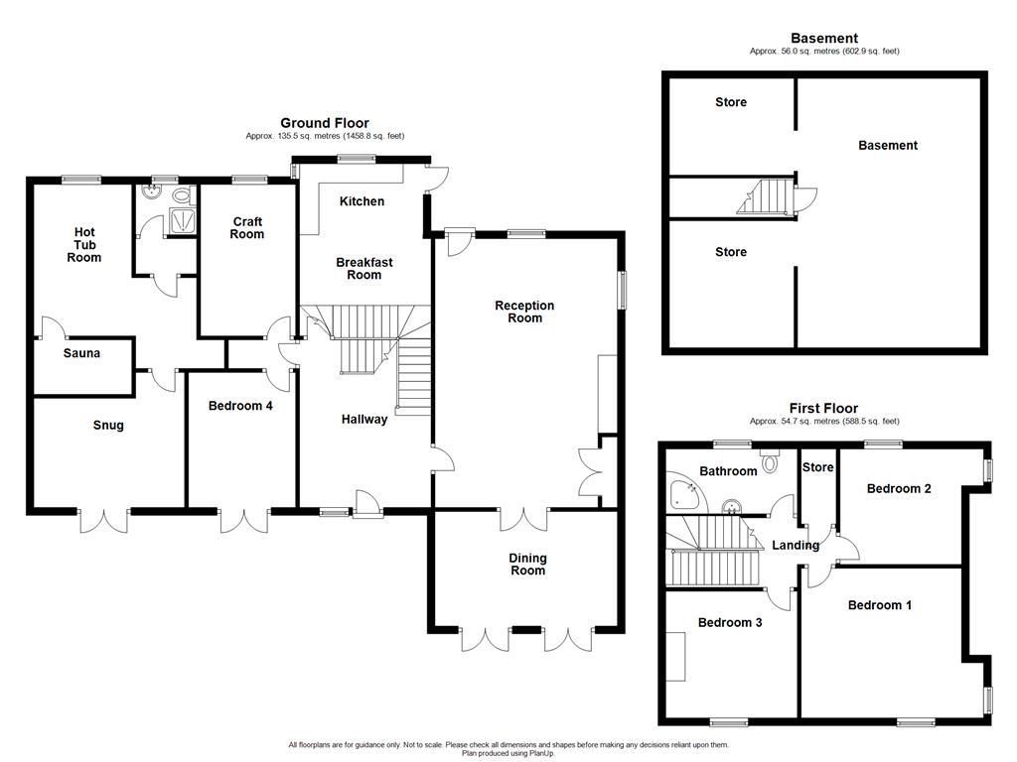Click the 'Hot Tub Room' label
point(84,244)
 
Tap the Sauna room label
point(81,353)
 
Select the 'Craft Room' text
point(247,227)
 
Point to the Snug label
point(108,426)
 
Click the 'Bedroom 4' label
point(241,406)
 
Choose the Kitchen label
point(362,201)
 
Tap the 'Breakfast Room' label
point(363,268)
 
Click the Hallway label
point(364,419)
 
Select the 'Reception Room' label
point(524,312)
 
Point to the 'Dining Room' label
point(527,564)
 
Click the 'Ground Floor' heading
point(324,123)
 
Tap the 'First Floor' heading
point(823,408)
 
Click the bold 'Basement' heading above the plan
point(824,39)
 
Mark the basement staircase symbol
point(766,196)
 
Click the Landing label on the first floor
point(796,545)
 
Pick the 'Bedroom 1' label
point(879,605)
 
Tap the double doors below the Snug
point(102,520)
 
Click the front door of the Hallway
point(367,505)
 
